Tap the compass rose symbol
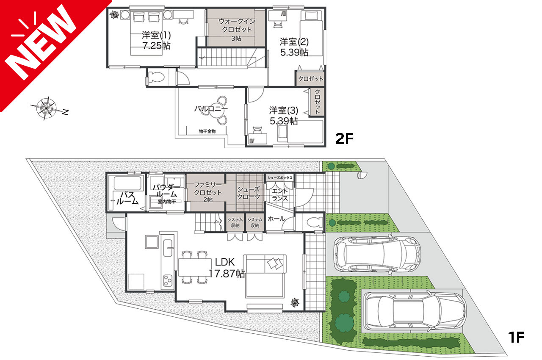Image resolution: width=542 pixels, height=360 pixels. pyautogui.click(x=47, y=108)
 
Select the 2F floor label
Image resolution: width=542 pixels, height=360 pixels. pyautogui.click(x=344, y=138)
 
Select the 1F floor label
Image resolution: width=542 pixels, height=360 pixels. pyautogui.click(x=516, y=337)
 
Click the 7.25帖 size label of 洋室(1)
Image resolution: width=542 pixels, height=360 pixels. pyautogui.click(x=156, y=46)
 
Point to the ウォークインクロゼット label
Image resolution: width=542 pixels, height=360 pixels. pyautogui.click(x=237, y=25)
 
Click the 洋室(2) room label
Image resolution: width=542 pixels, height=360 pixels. pyautogui.click(x=294, y=42)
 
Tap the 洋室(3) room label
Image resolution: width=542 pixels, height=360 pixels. pyautogui.click(x=284, y=110)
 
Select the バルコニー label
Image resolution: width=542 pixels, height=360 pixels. pyautogui.click(x=211, y=109)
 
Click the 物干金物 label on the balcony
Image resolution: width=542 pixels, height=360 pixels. pyautogui.click(x=207, y=131)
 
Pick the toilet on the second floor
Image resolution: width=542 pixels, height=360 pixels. pyautogui.click(x=157, y=77)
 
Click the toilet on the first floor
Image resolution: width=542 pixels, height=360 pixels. pyautogui.click(x=314, y=222)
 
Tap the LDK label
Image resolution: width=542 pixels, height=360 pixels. pyautogui.click(x=225, y=262)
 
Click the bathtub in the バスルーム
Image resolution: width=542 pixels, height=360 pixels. pyautogui.click(x=127, y=183)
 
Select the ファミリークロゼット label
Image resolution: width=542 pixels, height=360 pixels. pyautogui.click(x=208, y=189)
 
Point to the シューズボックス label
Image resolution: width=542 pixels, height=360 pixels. pyautogui.click(x=280, y=178)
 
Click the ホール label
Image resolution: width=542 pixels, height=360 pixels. pyautogui.click(x=277, y=219)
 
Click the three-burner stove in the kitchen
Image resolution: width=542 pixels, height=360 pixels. pyautogui.click(x=167, y=281)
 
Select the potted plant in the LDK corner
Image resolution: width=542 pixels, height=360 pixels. pyautogui.click(x=295, y=303)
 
